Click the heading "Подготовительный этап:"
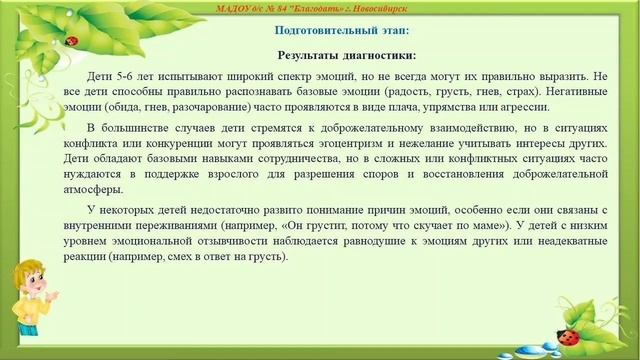320,32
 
